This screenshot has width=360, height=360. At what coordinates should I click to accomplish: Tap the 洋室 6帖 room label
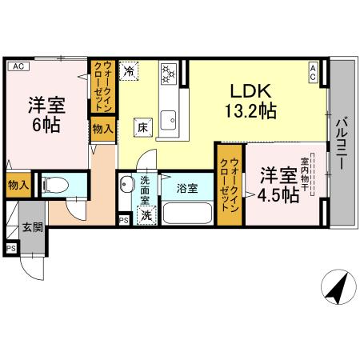pyautogui.click(x=47, y=114)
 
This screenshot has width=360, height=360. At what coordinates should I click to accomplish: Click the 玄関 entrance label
pyautogui.click(x=33, y=227)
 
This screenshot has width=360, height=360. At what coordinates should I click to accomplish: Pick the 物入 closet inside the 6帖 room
pyautogui.click(x=102, y=128)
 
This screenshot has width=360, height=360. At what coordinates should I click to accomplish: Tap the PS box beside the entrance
pyautogui.click(x=10, y=249)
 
